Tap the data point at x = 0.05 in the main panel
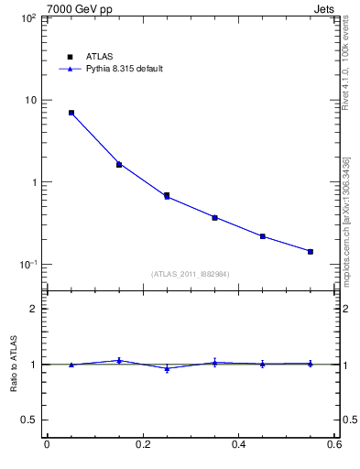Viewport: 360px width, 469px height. click(71, 113)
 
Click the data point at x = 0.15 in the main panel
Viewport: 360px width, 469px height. click(119, 164)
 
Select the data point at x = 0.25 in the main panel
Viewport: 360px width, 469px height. click(167, 195)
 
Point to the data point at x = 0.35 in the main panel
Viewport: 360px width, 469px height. click(214, 217)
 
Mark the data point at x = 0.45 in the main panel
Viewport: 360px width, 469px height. click(263, 236)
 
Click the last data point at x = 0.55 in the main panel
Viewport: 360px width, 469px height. click(311, 251)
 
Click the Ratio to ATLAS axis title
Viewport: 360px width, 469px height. click(14, 364)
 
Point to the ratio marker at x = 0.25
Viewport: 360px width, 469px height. click(167, 368)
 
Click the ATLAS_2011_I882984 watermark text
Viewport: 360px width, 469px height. click(191, 274)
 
